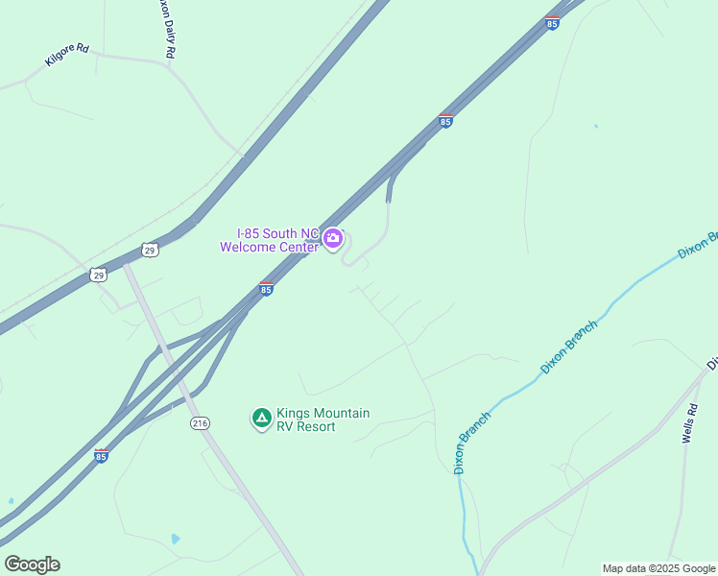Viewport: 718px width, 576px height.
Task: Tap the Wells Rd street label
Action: [x=690, y=423]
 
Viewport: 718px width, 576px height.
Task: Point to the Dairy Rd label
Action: [x=166, y=31]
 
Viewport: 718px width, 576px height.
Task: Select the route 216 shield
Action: [x=200, y=423]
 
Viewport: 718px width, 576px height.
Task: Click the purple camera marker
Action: [x=333, y=238]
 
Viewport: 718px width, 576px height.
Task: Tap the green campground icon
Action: [x=260, y=419]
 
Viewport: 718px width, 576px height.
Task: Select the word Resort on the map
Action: [x=315, y=426]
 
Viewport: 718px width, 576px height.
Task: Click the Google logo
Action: [x=32, y=564]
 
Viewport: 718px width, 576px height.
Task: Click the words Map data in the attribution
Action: [x=623, y=568]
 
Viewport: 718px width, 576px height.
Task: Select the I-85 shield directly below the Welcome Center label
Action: [x=266, y=288]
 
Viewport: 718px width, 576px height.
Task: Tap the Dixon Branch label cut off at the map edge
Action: [x=698, y=245]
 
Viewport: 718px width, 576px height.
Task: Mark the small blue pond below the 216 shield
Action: [x=174, y=539]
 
